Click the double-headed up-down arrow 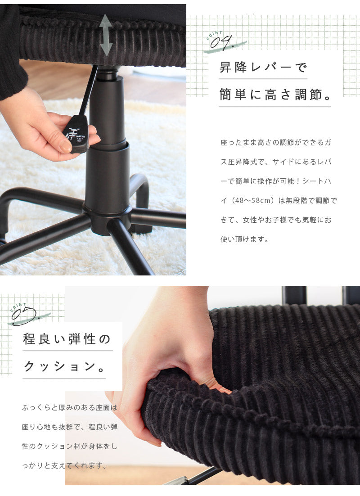click(106, 35)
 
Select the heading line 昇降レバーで click(263, 67)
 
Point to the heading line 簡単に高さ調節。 click(275, 95)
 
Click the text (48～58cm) click(252, 201)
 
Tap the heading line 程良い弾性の click(67, 339)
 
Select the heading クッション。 click(64, 367)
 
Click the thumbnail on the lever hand click(66, 146)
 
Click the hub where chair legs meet click(107, 215)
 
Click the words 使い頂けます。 click(244, 239)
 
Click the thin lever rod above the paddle click(89, 90)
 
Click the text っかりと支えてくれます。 click(64, 466)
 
